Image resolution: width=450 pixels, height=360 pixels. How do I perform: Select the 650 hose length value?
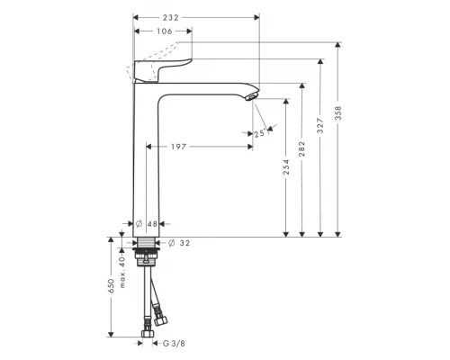coord(112,285)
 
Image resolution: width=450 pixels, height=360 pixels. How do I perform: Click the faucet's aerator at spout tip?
coord(252,94)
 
